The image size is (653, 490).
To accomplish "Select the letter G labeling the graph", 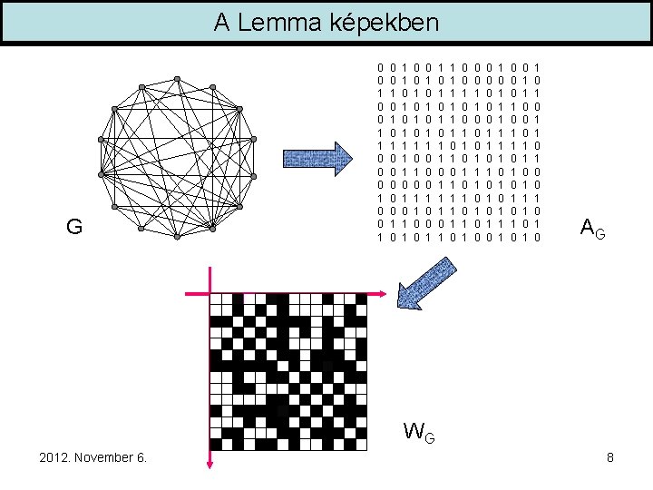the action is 74,227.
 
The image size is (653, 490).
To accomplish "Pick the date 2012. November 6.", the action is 93,457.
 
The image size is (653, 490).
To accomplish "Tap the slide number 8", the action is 610,457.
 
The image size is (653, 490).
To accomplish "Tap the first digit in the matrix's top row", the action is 381,66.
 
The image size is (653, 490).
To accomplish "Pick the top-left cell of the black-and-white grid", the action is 216,300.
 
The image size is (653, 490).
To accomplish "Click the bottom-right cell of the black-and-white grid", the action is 378,445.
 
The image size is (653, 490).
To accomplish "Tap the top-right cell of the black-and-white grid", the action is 378,300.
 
